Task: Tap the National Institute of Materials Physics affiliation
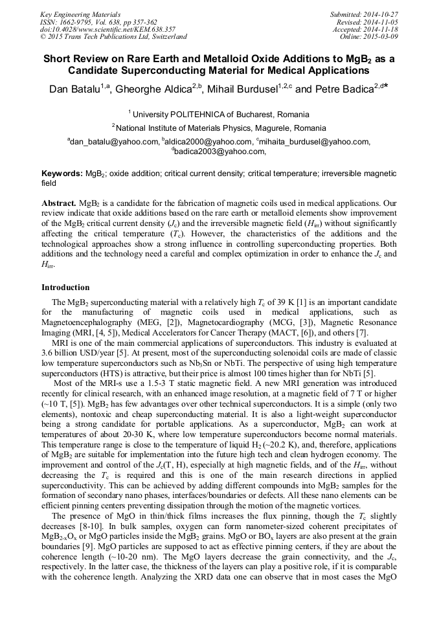[221, 128]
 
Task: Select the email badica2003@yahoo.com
[219, 152]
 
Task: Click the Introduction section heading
[66, 287]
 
